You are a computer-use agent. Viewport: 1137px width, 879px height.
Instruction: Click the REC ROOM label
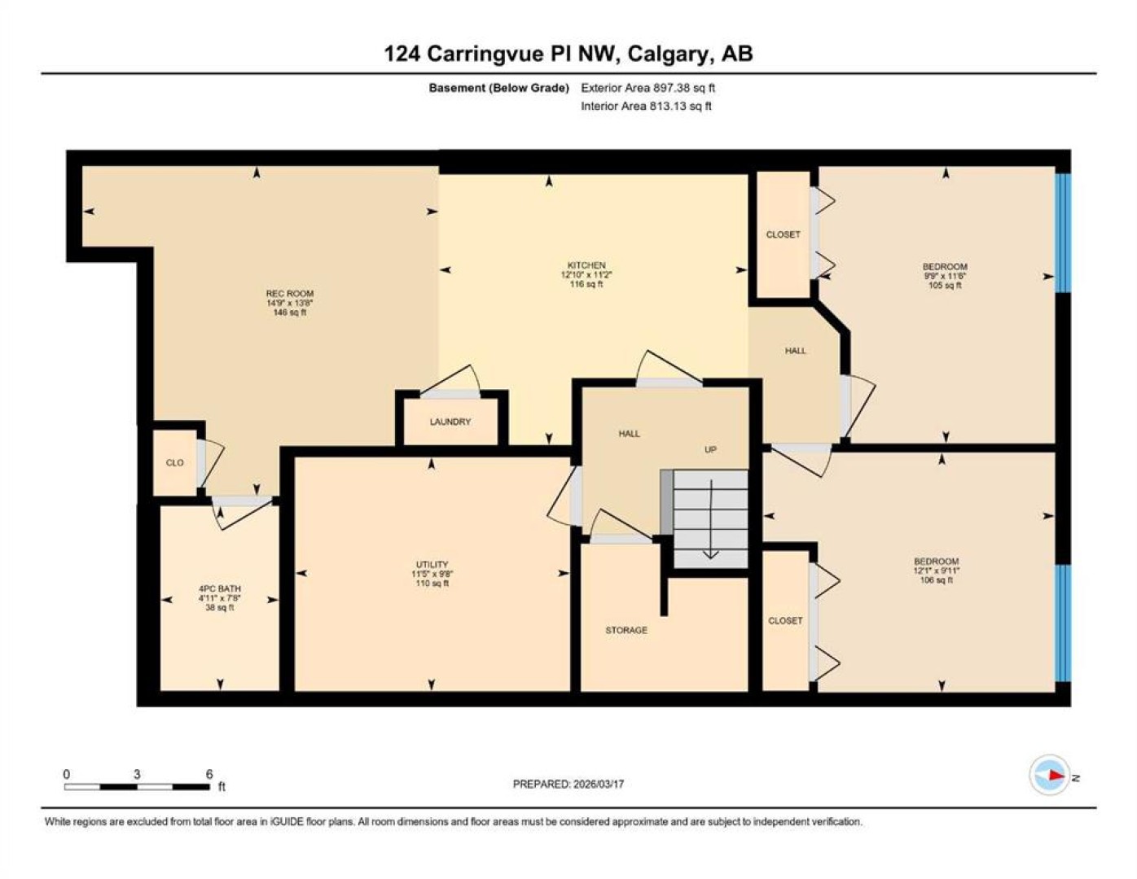pyautogui.click(x=289, y=293)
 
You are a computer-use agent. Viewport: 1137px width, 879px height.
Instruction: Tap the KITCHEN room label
pyautogui.click(x=586, y=265)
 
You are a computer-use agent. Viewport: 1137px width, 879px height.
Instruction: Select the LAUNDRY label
pyautogui.click(x=450, y=422)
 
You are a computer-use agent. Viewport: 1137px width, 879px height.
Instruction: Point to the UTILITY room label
pyautogui.click(x=432, y=564)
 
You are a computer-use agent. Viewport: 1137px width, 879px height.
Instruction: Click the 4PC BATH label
pyautogui.click(x=219, y=588)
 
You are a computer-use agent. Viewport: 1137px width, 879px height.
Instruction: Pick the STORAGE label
pyautogui.click(x=626, y=630)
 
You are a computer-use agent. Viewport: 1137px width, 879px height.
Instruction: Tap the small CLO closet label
pyautogui.click(x=174, y=463)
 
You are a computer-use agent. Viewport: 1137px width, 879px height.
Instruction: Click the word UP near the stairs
pyautogui.click(x=710, y=449)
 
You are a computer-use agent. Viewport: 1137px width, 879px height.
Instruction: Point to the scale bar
pyautogui.click(x=137, y=786)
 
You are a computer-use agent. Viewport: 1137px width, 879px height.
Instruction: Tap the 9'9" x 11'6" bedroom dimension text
pyautogui.click(x=945, y=276)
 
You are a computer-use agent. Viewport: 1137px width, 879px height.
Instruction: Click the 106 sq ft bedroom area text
pyautogui.click(x=936, y=580)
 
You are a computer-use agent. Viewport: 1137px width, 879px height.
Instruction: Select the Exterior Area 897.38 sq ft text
pyautogui.click(x=648, y=88)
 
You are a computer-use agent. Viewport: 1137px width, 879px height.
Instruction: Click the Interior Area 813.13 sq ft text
pyautogui.click(x=646, y=106)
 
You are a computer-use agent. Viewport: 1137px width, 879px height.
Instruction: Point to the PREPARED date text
pyautogui.click(x=568, y=785)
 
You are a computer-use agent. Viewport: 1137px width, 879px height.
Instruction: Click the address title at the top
pyautogui.click(x=568, y=54)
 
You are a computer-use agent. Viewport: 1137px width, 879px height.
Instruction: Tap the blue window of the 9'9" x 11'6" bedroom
pyautogui.click(x=1063, y=233)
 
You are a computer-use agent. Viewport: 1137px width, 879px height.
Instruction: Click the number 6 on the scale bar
pyautogui.click(x=209, y=774)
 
